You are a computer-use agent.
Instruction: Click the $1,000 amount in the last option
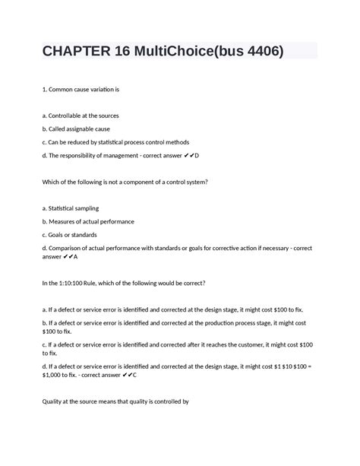click(55, 375)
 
